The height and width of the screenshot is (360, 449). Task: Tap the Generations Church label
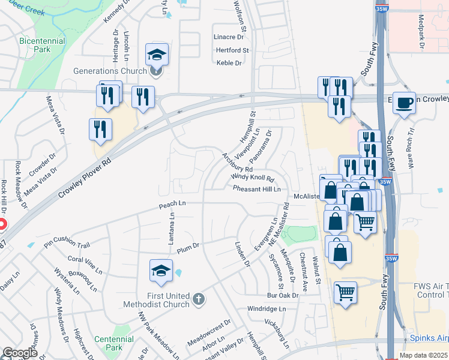(110, 71)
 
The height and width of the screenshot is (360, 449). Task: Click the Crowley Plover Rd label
(85, 179)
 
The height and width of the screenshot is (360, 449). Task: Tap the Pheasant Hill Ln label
(257, 189)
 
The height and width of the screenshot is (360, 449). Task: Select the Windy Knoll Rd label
(252, 178)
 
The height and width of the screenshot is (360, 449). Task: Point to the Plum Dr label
(187, 245)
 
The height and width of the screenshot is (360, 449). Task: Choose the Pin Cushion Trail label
(67, 242)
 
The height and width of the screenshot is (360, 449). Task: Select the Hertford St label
(232, 50)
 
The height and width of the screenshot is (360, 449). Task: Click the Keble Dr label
(229, 62)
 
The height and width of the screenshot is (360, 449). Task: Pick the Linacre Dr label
(228, 37)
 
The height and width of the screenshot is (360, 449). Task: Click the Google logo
(20, 353)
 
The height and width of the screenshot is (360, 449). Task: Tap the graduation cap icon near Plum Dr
(161, 272)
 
